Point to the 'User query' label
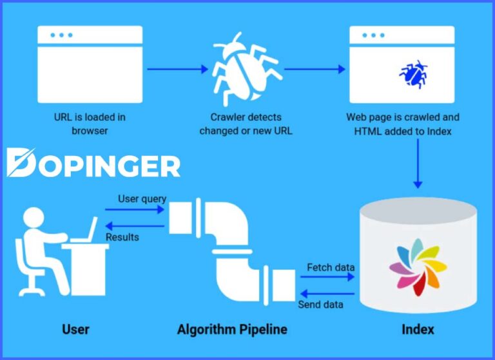click(x=142, y=199)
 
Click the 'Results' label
click(x=122, y=237)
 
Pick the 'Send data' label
click(x=320, y=304)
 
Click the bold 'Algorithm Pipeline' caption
click(x=232, y=330)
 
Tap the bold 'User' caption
click(x=75, y=330)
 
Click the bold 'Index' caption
click(x=418, y=330)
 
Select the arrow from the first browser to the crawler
click(x=176, y=68)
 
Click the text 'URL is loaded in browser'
click(x=90, y=124)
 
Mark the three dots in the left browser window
click(x=61, y=35)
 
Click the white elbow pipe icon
click(x=232, y=245)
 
